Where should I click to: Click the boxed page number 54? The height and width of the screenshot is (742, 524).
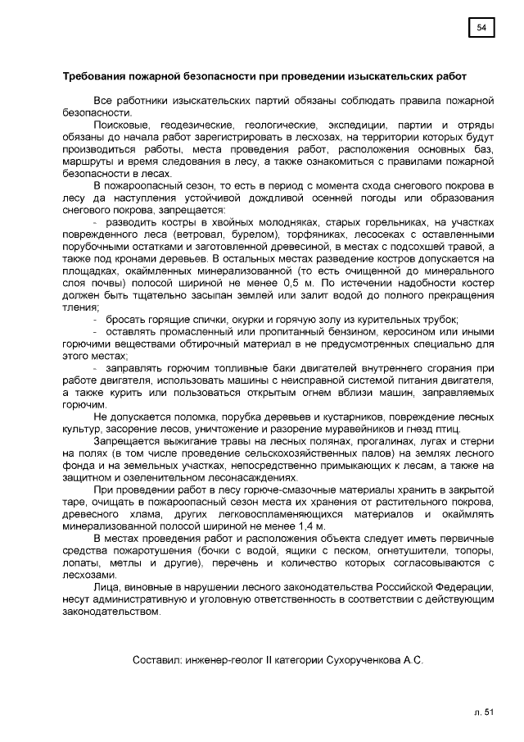pyautogui.click(x=481, y=29)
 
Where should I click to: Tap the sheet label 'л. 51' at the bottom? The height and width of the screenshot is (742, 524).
pyautogui.click(x=484, y=712)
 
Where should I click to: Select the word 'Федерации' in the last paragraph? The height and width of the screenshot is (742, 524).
pyautogui.click(x=463, y=588)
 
